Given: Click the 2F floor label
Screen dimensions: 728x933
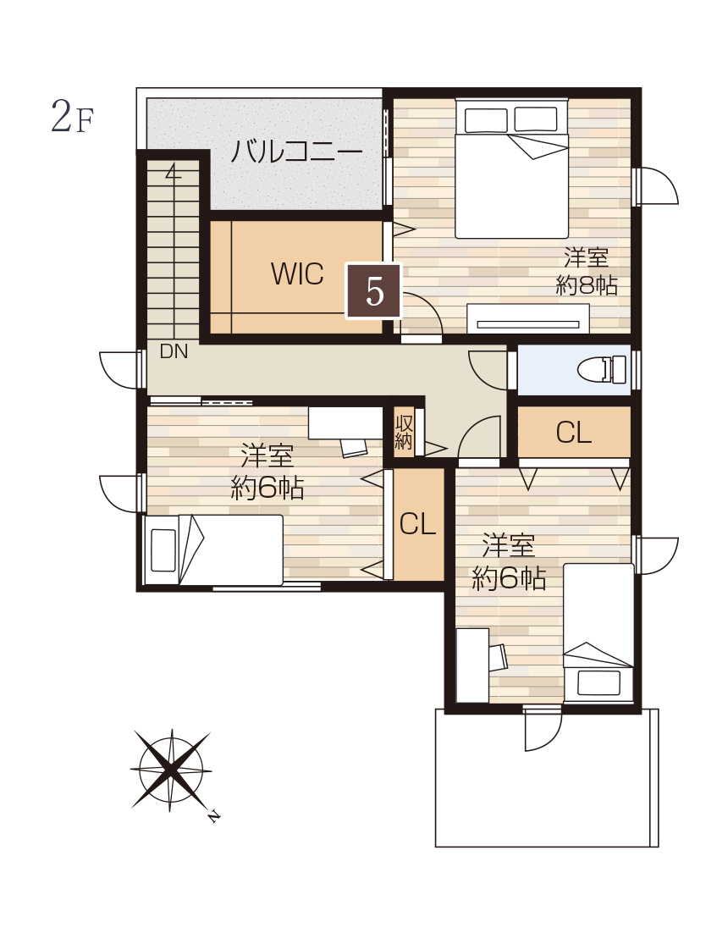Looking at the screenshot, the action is tap(73, 115).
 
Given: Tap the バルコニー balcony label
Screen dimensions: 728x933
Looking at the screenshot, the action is tap(296, 152).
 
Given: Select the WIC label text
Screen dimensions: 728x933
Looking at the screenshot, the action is tap(297, 274).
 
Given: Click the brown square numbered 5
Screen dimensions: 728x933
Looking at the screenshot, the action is tap(374, 291).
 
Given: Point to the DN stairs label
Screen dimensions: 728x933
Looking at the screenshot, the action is tap(174, 351).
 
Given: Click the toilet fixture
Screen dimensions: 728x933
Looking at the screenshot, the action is tap(602, 369).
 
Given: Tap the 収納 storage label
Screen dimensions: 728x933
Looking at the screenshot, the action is tap(404, 433).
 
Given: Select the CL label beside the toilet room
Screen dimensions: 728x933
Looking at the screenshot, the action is tap(574, 433).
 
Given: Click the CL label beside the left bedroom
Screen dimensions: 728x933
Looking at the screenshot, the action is tap(417, 523).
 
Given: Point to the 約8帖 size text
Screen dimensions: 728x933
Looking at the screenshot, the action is tap(587, 285).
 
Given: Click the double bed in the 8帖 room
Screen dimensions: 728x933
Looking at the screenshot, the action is tap(511, 168).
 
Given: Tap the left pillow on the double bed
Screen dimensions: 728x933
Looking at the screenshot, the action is tap(486, 120).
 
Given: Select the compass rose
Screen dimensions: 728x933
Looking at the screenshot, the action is tap(171, 770).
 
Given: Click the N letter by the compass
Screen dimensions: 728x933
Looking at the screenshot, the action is tap(213, 816).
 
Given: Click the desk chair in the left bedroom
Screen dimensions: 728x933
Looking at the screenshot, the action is tap(355, 448).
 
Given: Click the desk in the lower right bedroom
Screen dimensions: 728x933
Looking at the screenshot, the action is tap(472, 665).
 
